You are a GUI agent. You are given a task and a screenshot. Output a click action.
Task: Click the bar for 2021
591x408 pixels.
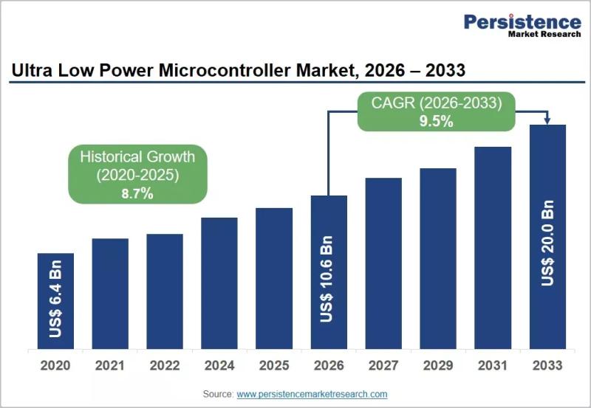coord(110,294)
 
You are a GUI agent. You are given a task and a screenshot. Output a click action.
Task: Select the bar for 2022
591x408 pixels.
coord(165,291)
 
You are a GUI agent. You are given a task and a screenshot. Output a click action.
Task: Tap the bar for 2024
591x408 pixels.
coord(219,283)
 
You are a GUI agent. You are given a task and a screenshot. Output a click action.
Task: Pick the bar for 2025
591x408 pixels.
coord(274,279)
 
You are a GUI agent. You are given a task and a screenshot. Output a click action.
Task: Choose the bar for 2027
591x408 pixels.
coord(383,263)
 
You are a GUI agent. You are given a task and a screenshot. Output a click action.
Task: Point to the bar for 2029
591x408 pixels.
coord(438,258)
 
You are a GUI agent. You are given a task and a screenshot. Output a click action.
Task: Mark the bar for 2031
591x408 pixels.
coord(493,248)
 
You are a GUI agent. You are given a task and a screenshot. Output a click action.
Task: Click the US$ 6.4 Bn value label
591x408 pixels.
coord(55,299)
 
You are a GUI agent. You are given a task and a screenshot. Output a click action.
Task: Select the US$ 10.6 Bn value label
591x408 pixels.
coord(327,279)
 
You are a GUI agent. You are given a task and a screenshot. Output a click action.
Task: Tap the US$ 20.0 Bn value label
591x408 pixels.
coord(547,243)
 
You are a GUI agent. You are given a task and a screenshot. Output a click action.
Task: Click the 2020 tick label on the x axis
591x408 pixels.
coord(55,365)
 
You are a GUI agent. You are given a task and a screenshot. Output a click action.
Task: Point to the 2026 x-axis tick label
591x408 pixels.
coord(329,365)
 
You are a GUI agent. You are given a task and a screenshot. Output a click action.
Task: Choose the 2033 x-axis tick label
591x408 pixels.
coord(547,365)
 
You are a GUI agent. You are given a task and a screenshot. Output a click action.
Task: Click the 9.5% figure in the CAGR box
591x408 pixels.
coord(436,121)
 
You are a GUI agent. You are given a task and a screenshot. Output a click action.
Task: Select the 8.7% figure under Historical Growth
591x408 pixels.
coord(137,193)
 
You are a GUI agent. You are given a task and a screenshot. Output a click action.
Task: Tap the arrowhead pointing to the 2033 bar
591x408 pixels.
coord(547,121)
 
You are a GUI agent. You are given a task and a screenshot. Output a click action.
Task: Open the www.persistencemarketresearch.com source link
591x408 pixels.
coord(312,394)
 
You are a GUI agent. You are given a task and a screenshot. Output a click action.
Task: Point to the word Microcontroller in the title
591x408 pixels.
coord(225,70)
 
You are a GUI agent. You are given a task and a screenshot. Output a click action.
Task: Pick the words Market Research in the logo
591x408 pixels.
coord(544,34)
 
